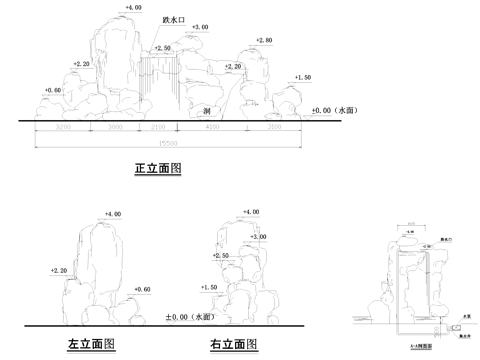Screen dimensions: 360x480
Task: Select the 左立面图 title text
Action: point(91,344)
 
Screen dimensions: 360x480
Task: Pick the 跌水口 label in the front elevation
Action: point(173,20)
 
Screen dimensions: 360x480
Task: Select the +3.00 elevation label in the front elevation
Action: point(199,27)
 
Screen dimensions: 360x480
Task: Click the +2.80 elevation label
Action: point(264,40)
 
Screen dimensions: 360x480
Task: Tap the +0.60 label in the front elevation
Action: point(53,90)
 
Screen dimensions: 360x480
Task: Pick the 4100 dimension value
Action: point(212,130)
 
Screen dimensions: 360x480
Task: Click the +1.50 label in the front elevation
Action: point(303,77)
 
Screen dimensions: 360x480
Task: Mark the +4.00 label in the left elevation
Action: point(113,214)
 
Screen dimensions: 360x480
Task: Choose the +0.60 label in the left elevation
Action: point(141,290)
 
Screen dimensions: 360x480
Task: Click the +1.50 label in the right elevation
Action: point(209,287)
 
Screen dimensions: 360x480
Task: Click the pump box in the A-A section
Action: point(455,326)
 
